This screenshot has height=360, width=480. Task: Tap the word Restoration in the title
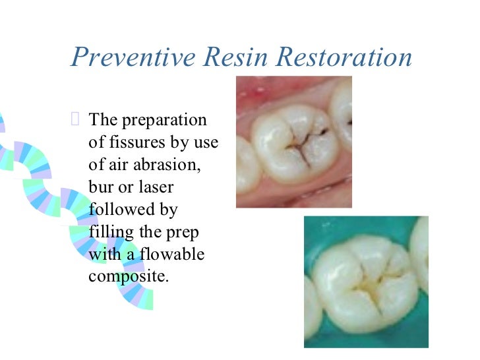point(344,57)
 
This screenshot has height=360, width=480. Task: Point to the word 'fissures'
point(129,142)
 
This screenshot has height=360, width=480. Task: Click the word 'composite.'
point(129,276)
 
